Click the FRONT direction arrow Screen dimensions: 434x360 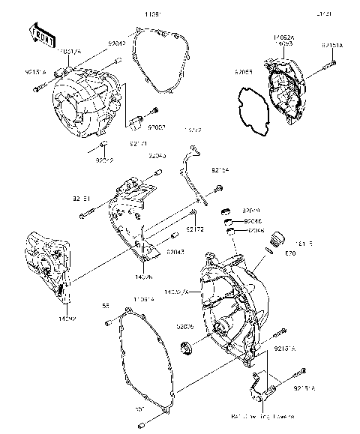[42, 32]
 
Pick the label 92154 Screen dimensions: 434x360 [220, 170]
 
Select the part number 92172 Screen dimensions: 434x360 [195, 229]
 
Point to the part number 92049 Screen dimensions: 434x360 [251, 212]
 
